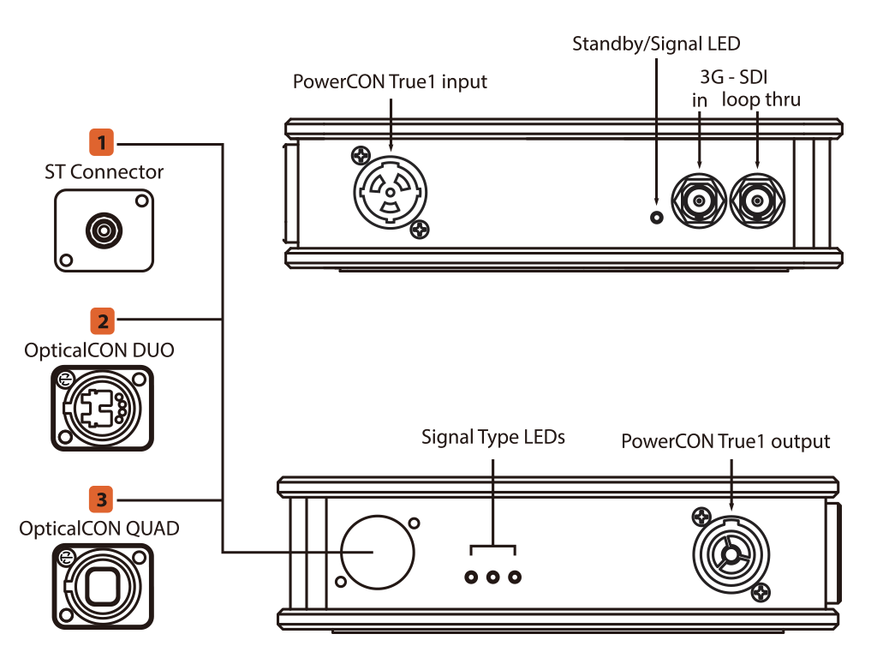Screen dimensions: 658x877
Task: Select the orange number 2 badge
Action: click(102, 320)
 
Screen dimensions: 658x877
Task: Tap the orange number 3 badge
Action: click(102, 498)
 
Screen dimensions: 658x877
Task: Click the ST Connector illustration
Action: click(104, 229)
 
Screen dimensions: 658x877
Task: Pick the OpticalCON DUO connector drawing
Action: click(103, 408)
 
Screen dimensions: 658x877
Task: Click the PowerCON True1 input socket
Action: click(390, 193)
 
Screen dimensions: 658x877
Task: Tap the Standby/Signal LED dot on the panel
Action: click(657, 217)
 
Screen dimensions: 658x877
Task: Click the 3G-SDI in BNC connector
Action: click(700, 202)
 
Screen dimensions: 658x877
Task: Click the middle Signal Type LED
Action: click(492, 577)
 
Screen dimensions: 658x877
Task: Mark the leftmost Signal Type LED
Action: click(471, 577)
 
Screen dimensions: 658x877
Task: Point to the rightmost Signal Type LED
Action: click(514, 577)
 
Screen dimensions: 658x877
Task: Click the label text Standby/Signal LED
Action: click(656, 44)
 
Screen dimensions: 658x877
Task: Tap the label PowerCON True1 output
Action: click(725, 442)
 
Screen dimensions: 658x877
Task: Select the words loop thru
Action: click(761, 99)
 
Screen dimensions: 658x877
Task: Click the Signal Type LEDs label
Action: click(493, 437)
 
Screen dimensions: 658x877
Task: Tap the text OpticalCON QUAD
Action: click(99, 529)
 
